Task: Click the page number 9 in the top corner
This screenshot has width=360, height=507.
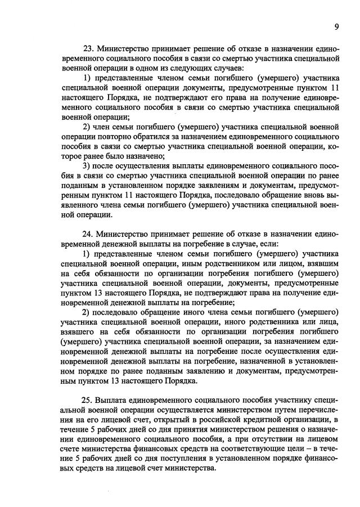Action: point(336,26)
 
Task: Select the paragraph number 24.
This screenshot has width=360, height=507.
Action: point(88,234)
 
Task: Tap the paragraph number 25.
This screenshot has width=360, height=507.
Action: point(88,400)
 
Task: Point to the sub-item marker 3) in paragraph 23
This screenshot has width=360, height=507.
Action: point(87,165)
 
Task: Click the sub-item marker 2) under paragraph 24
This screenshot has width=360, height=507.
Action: point(87,312)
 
